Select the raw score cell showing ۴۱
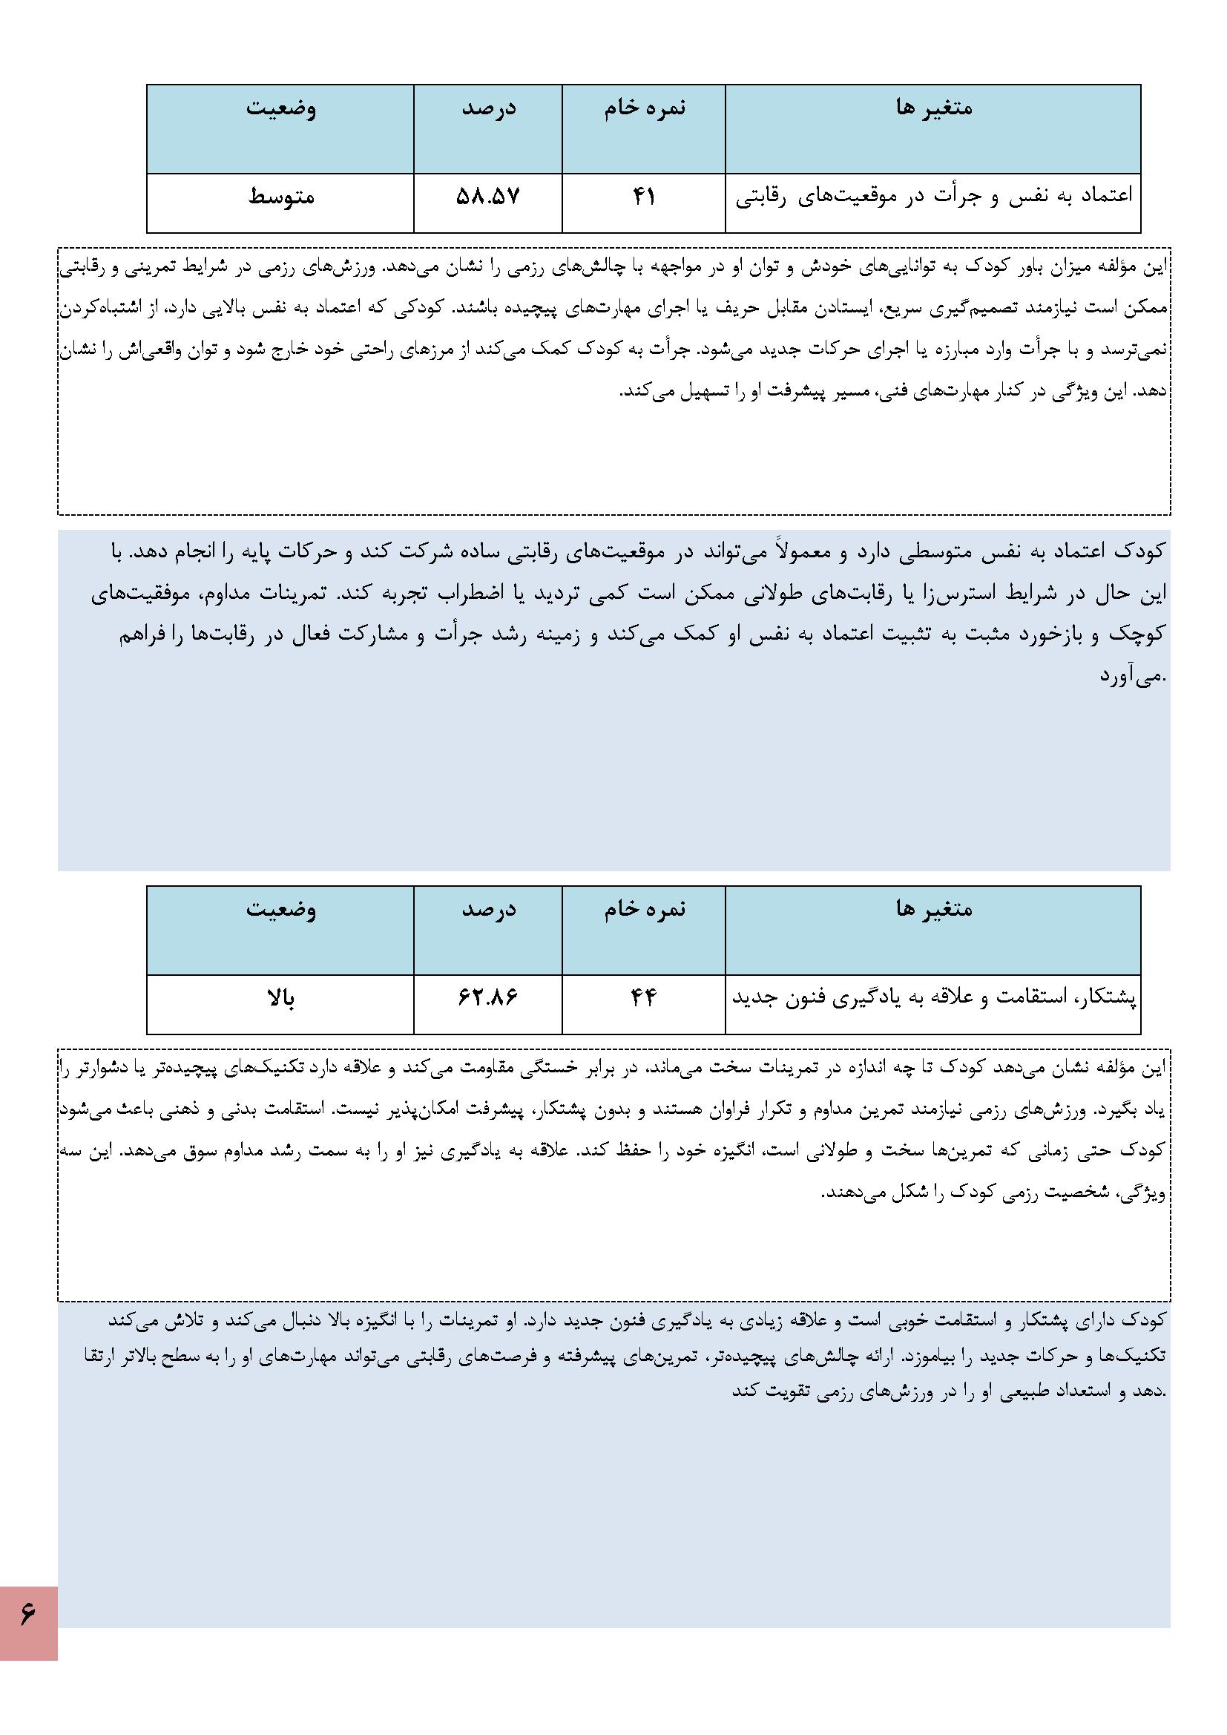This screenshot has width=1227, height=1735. tap(644, 197)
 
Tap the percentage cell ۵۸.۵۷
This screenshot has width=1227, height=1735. tap(488, 197)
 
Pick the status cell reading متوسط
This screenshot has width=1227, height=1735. tap(281, 197)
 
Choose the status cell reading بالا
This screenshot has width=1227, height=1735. tap(281, 999)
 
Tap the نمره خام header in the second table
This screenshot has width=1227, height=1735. tap(645, 909)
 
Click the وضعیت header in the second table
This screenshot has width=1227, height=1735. tap(281, 909)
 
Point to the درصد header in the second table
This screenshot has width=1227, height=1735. tap(489, 909)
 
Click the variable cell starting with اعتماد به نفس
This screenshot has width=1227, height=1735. tap(934, 197)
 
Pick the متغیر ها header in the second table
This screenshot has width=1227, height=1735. tap(934, 909)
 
